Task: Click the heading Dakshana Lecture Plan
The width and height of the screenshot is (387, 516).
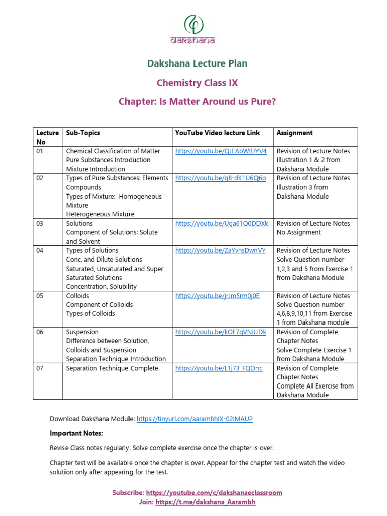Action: (x=197, y=63)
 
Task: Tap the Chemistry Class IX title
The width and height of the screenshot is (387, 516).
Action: (x=197, y=83)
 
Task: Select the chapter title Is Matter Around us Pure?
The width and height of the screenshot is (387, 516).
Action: (x=197, y=102)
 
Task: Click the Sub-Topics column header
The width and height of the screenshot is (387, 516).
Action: (x=83, y=133)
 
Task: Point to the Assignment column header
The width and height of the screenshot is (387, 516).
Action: (x=294, y=133)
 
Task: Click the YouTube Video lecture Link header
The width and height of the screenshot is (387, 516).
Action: (x=217, y=133)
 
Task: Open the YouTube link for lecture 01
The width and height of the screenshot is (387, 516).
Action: (x=221, y=151)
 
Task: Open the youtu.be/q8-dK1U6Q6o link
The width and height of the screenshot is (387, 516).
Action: (x=220, y=178)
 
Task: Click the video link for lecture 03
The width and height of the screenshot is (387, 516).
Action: (x=222, y=223)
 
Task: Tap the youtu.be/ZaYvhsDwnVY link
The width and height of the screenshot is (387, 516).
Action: (x=220, y=250)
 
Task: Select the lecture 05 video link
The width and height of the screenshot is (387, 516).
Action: (x=217, y=296)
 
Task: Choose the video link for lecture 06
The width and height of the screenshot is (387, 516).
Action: (x=221, y=332)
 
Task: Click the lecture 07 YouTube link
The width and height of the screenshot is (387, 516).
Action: (x=219, y=368)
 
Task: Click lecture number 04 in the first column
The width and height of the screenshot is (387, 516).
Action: (x=41, y=250)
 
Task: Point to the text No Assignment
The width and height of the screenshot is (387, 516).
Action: (x=298, y=232)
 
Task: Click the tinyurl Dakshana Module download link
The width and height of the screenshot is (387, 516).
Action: (x=195, y=419)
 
